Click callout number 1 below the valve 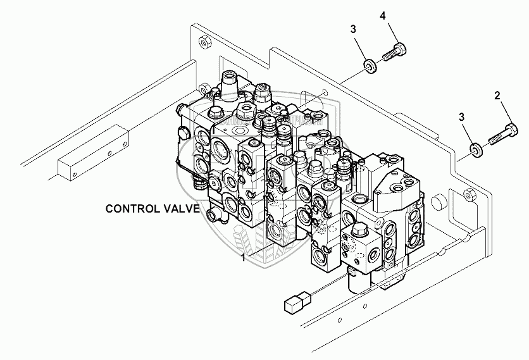[x=242, y=258]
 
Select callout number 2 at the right [x=497, y=96]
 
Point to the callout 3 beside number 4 [x=353, y=28]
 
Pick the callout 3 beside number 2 [x=463, y=117]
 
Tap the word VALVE [x=182, y=208]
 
